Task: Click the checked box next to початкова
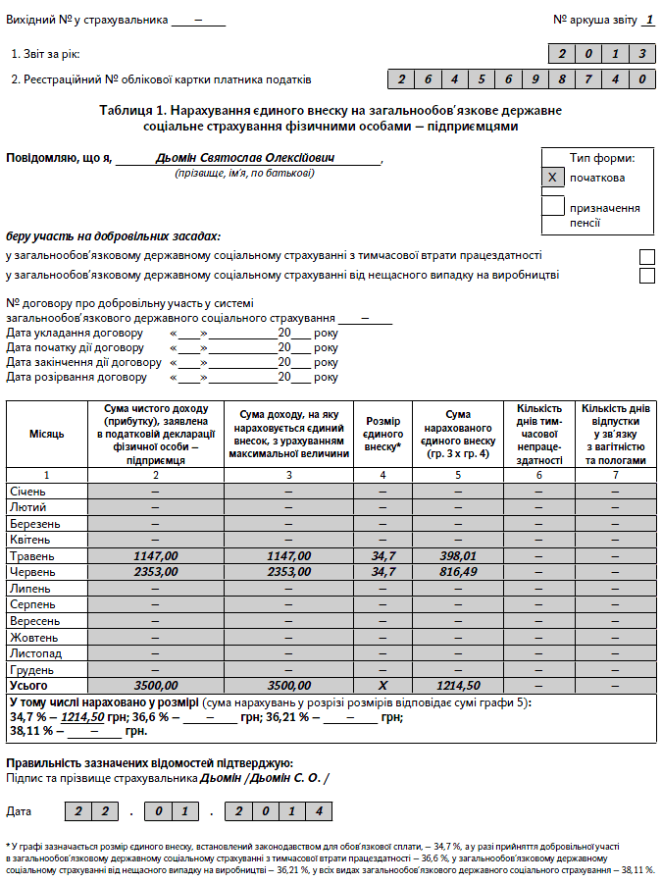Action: (x=553, y=178)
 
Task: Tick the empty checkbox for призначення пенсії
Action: (x=553, y=206)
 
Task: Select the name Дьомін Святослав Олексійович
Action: (x=244, y=158)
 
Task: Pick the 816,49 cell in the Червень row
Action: (x=458, y=572)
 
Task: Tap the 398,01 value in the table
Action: (x=458, y=556)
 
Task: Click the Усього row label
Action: (x=28, y=685)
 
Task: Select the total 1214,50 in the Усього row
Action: (x=458, y=685)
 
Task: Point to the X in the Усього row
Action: (x=383, y=685)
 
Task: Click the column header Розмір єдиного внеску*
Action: (x=383, y=434)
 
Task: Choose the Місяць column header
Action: (x=47, y=434)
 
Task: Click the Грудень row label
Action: (x=34, y=669)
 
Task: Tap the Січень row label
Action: (x=31, y=491)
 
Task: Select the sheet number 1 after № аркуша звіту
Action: (x=648, y=20)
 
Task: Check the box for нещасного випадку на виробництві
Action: (x=646, y=276)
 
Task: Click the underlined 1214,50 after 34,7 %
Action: (x=82, y=717)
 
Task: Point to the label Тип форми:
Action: (x=602, y=158)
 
